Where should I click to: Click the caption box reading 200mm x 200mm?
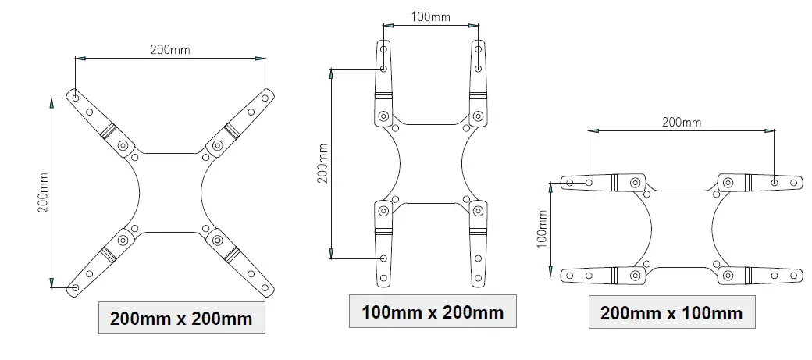click(x=181, y=318)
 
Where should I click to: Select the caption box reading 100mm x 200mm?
click(x=433, y=312)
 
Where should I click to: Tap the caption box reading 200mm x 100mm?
click(x=671, y=313)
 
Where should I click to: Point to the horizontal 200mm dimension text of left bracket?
click(x=169, y=49)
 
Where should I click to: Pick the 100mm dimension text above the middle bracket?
click(x=429, y=16)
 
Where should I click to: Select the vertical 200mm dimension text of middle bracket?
click(x=322, y=163)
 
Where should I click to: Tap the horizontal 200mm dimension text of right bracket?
click(x=681, y=122)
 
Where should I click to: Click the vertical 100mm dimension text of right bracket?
click(x=542, y=229)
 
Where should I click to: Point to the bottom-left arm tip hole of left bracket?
click(x=75, y=288)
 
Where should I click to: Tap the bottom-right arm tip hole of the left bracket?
click(x=265, y=288)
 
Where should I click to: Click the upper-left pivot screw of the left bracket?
click(x=123, y=146)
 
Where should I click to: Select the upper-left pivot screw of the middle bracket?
click(x=383, y=116)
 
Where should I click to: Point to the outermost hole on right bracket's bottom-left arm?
click(x=569, y=275)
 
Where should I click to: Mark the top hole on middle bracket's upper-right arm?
click(x=478, y=49)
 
